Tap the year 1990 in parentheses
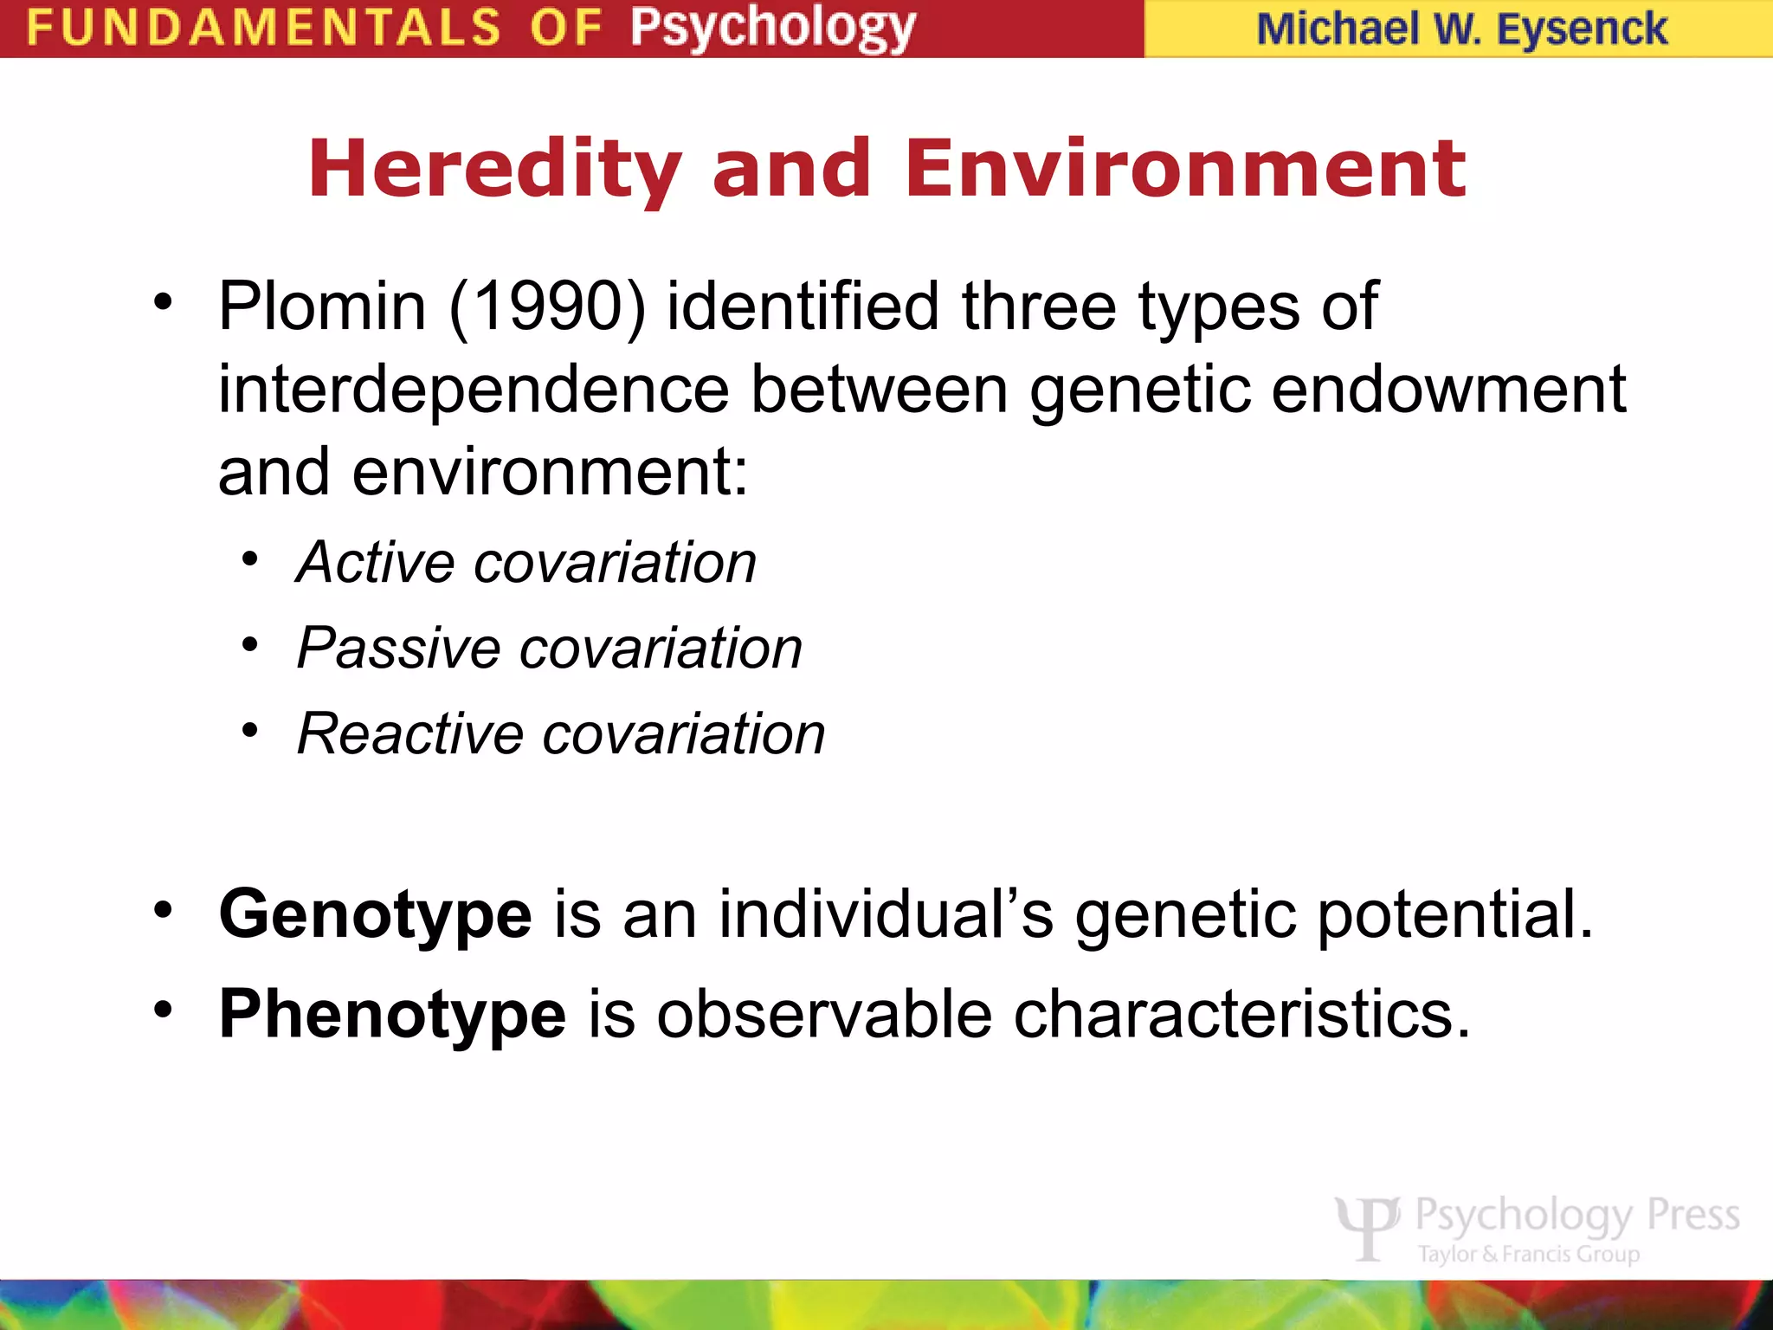click(547, 307)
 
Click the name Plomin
click(322, 307)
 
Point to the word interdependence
click(474, 390)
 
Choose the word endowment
click(1448, 390)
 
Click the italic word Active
click(375, 563)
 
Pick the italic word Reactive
click(409, 734)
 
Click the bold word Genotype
click(375, 916)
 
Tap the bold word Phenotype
click(392, 1015)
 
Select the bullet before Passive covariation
click(250, 645)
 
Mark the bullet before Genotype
click(163, 911)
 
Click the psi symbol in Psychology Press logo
click(1367, 1225)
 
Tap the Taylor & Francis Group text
click(1528, 1254)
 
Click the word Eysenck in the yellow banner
click(1581, 29)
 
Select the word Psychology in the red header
click(772, 29)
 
